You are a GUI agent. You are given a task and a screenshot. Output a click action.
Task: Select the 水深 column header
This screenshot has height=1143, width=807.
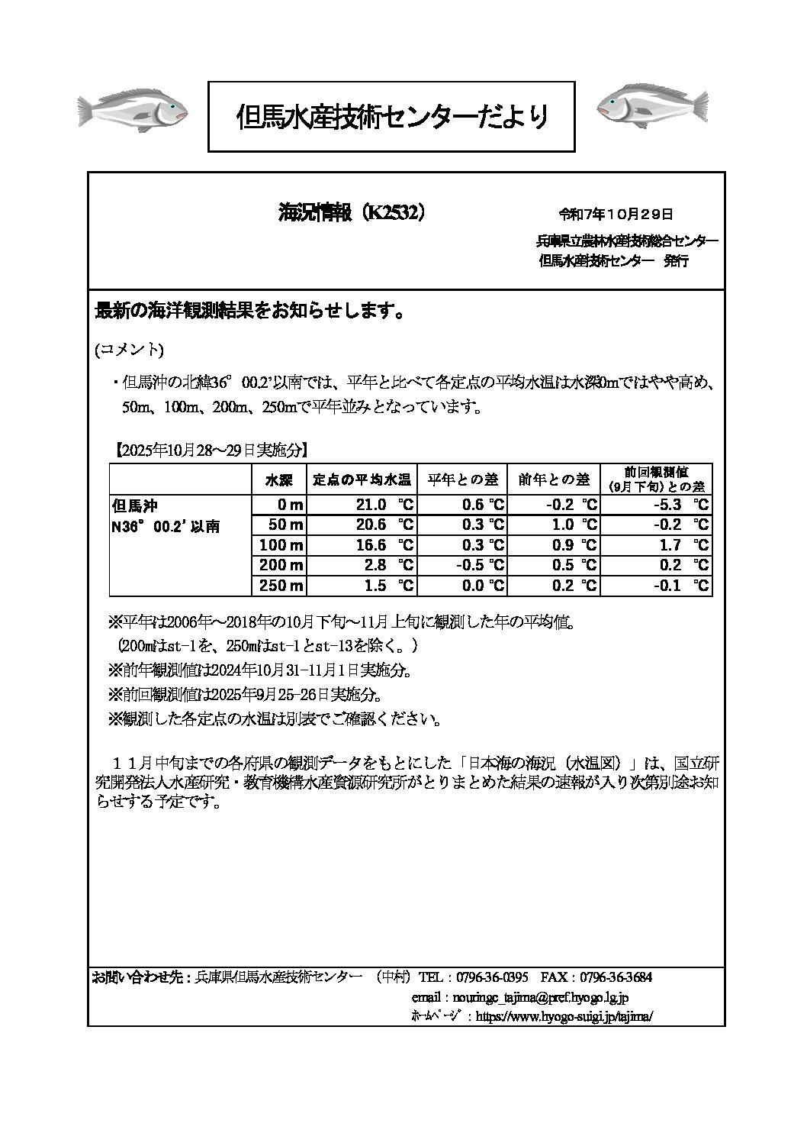tap(278, 479)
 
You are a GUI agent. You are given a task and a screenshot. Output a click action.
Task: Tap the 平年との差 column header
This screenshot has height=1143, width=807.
tap(462, 479)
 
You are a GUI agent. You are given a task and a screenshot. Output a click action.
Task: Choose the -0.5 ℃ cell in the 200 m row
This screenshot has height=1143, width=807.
tap(479, 566)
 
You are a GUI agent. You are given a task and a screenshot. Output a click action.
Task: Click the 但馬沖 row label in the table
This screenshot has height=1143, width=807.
tap(134, 505)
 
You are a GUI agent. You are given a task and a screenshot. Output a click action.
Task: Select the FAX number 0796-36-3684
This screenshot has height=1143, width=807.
tap(616, 977)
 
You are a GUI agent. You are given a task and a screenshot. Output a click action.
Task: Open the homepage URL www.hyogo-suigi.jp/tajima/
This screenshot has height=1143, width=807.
tap(564, 1017)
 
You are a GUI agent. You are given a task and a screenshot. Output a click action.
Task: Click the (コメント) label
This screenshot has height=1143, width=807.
tap(128, 349)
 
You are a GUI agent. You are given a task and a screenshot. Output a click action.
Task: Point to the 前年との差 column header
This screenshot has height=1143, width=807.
tap(554, 479)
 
